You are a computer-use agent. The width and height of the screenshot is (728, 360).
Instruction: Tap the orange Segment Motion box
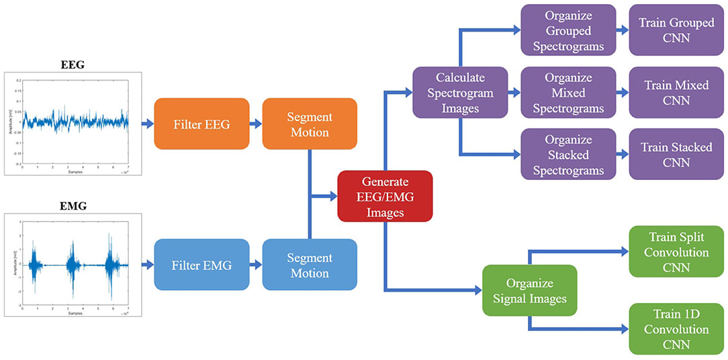coord(309,124)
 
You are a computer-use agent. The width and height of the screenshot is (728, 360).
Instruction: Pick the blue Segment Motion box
coord(309,265)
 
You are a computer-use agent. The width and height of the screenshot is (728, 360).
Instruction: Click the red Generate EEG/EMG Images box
coord(385,196)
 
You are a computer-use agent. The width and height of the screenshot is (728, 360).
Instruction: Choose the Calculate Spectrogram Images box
coord(460,92)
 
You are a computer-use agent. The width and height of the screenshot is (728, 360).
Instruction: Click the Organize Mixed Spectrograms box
coord(568,93)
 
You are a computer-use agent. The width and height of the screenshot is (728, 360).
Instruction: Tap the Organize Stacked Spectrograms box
coord(568,154)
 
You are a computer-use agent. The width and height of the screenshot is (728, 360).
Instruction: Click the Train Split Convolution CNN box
coord(676,252)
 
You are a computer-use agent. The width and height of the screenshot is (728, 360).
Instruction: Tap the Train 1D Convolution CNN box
coord(676,329)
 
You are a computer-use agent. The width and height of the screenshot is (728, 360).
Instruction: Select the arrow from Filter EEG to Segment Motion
coord(255,124)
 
